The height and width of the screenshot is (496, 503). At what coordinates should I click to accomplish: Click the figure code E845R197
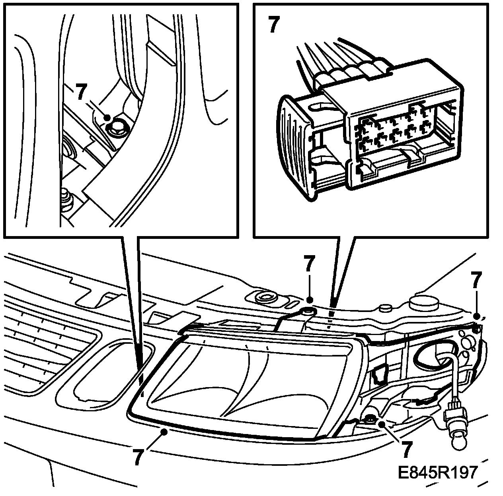pyautogui.click(x=437, y=473)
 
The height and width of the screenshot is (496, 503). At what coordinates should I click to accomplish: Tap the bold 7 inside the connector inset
pyautogui.click(x=273, y=24)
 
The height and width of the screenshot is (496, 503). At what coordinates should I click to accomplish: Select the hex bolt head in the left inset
pyautogui.click(x=117, y=128)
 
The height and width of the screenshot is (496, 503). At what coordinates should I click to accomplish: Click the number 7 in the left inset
pyautogui.click(x=81, y=92)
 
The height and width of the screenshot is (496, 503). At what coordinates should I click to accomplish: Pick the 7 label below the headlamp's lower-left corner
pyautogui.click(x=138, y=457)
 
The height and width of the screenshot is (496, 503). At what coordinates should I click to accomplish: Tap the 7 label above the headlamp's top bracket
pyautogui.click(x=309, y=264)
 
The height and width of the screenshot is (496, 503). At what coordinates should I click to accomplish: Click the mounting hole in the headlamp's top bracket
pyautogui.click(x=308, y=311)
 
